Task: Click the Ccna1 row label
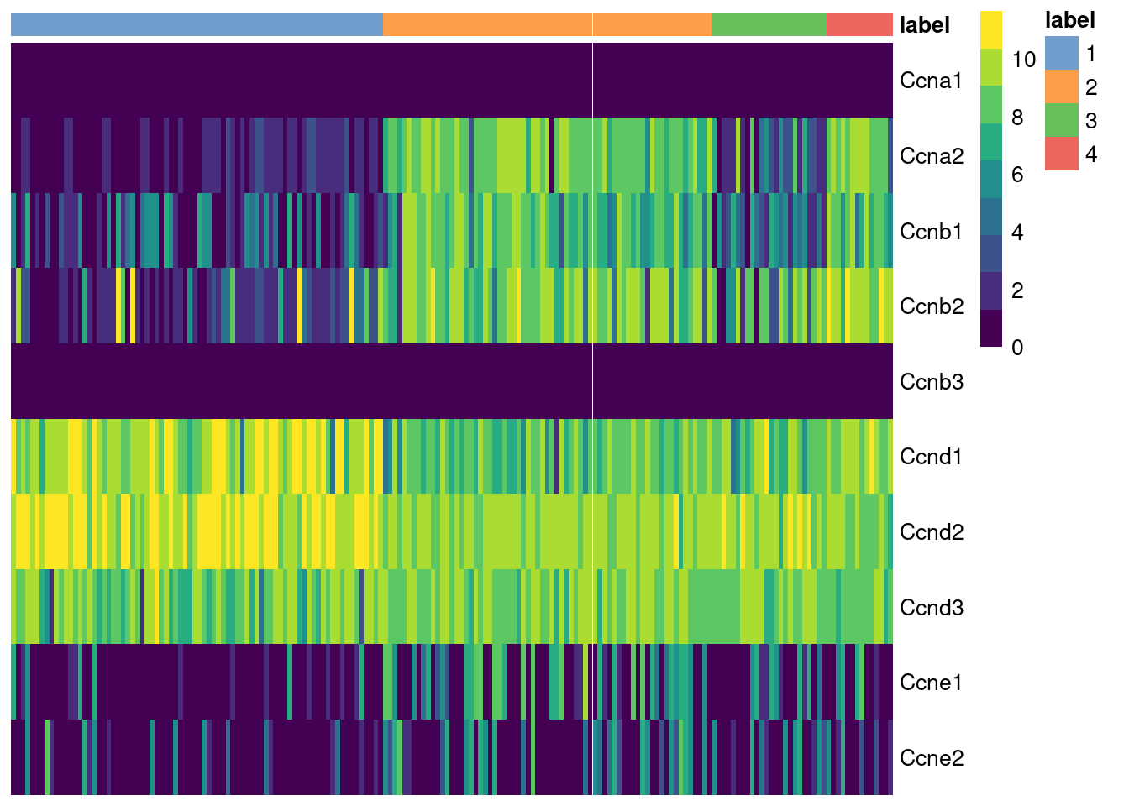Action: click(930, 81)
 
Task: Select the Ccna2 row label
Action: click(931, 156)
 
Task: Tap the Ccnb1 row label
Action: click(931, 232)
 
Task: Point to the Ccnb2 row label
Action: click(931, 306)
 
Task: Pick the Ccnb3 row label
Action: click(931, 382)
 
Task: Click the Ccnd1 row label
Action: click(931, 457)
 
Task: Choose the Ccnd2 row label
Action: click(931, 532)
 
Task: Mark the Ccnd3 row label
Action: click(931, 608)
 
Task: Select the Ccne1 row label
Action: click(931, 683)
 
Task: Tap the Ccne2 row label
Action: click(931, 758)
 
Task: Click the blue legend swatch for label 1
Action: click(1061, 54)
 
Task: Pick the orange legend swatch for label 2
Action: click(1061, 87)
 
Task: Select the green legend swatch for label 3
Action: click(1061, 121)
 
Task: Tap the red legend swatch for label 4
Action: click(1061, 154)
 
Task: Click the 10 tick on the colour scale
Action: click(1023, 60)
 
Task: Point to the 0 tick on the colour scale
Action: click(1017, 348)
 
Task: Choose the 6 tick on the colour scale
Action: click(1017, 175)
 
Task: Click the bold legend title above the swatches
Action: click(1069, 20)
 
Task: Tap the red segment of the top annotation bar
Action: click(859, 25)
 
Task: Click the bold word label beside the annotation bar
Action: click(924, 25)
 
